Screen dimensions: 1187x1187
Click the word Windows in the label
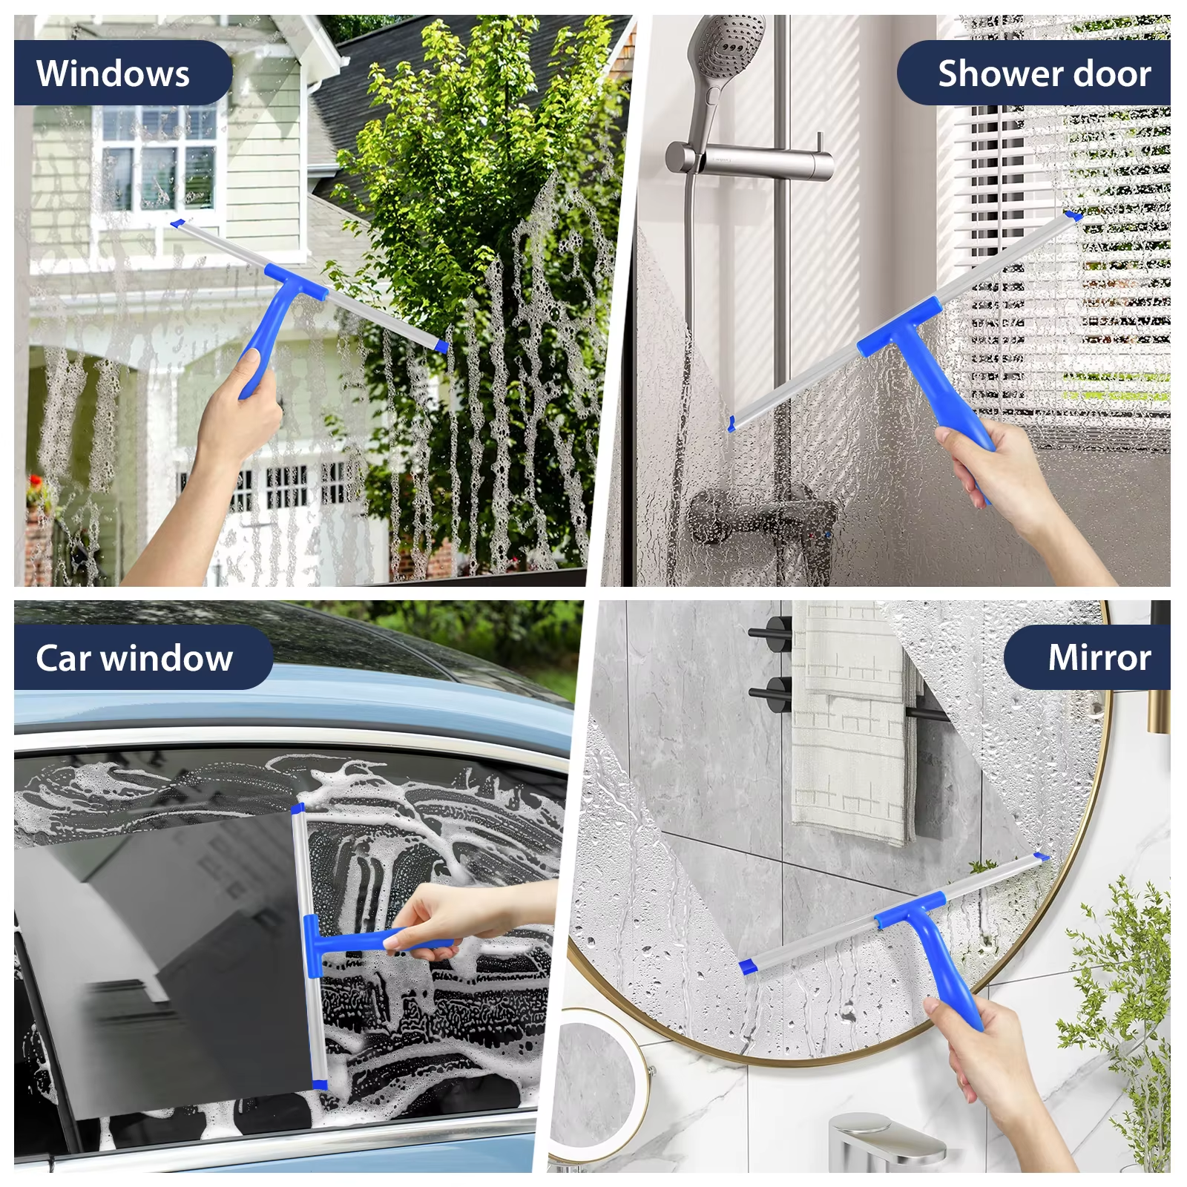113,73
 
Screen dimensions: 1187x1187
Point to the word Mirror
1099,657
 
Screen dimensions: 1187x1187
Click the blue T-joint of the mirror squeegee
911,910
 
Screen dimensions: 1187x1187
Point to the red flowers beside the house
34,487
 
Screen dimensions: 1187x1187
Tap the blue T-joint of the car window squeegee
312,946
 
